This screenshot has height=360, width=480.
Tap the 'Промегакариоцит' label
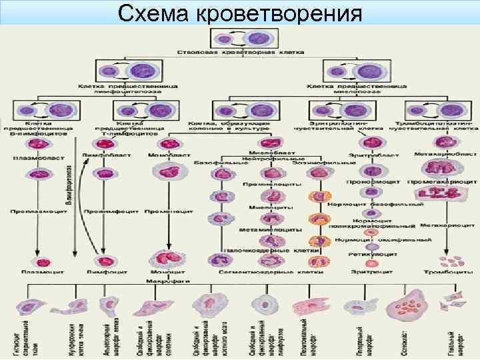[443, 181]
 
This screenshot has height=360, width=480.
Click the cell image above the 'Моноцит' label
[164, 260]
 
